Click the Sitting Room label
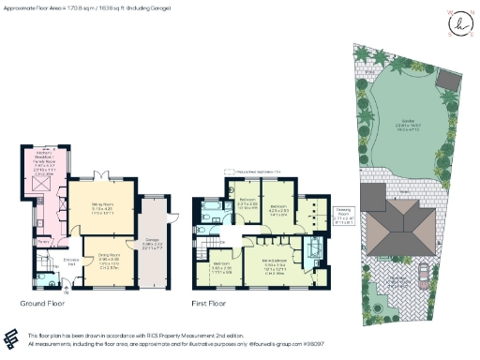click(x=100, y=210)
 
